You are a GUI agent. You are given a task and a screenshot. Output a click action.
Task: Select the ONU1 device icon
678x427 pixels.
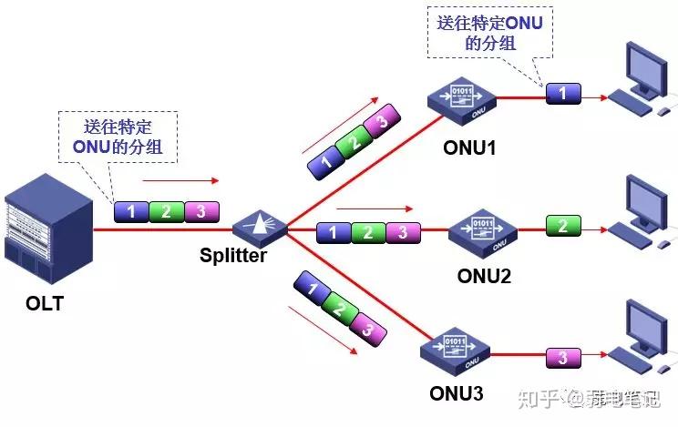[464, 99]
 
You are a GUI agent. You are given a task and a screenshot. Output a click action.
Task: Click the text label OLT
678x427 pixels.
[45, 304]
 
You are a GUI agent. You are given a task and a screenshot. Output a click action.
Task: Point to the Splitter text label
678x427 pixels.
[233, 256]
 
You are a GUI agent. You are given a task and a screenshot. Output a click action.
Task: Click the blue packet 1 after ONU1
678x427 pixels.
[562, 93]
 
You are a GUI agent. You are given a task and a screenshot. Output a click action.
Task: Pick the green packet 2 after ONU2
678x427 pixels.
[563, 224]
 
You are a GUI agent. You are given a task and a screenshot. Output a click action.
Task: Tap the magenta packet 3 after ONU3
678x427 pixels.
[562, 357]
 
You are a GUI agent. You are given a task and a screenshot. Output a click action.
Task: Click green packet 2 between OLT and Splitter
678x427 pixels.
[166, 212]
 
